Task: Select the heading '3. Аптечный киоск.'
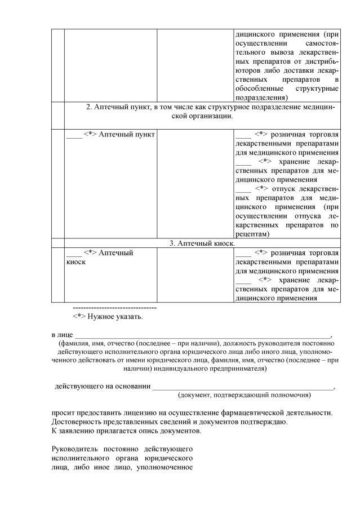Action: [202, 243]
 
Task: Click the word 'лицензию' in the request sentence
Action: [145, 413]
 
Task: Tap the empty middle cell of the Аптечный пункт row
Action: [195, 184]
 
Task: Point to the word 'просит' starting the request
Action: [62, 413]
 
